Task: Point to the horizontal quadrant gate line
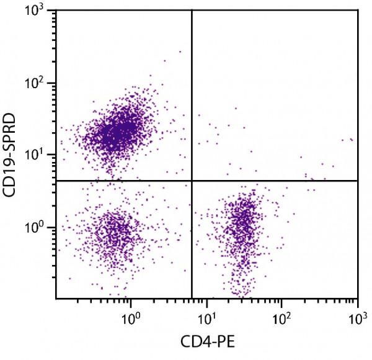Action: tap(124, 181)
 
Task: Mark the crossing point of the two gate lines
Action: tap(192, 181)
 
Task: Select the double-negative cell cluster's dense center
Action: tap(115, 233)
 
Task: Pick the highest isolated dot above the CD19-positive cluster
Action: tap(180, 52)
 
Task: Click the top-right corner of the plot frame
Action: tap(358, 10)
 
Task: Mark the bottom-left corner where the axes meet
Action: tap(56, 298)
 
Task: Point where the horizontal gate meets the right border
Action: tap(358, 181)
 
